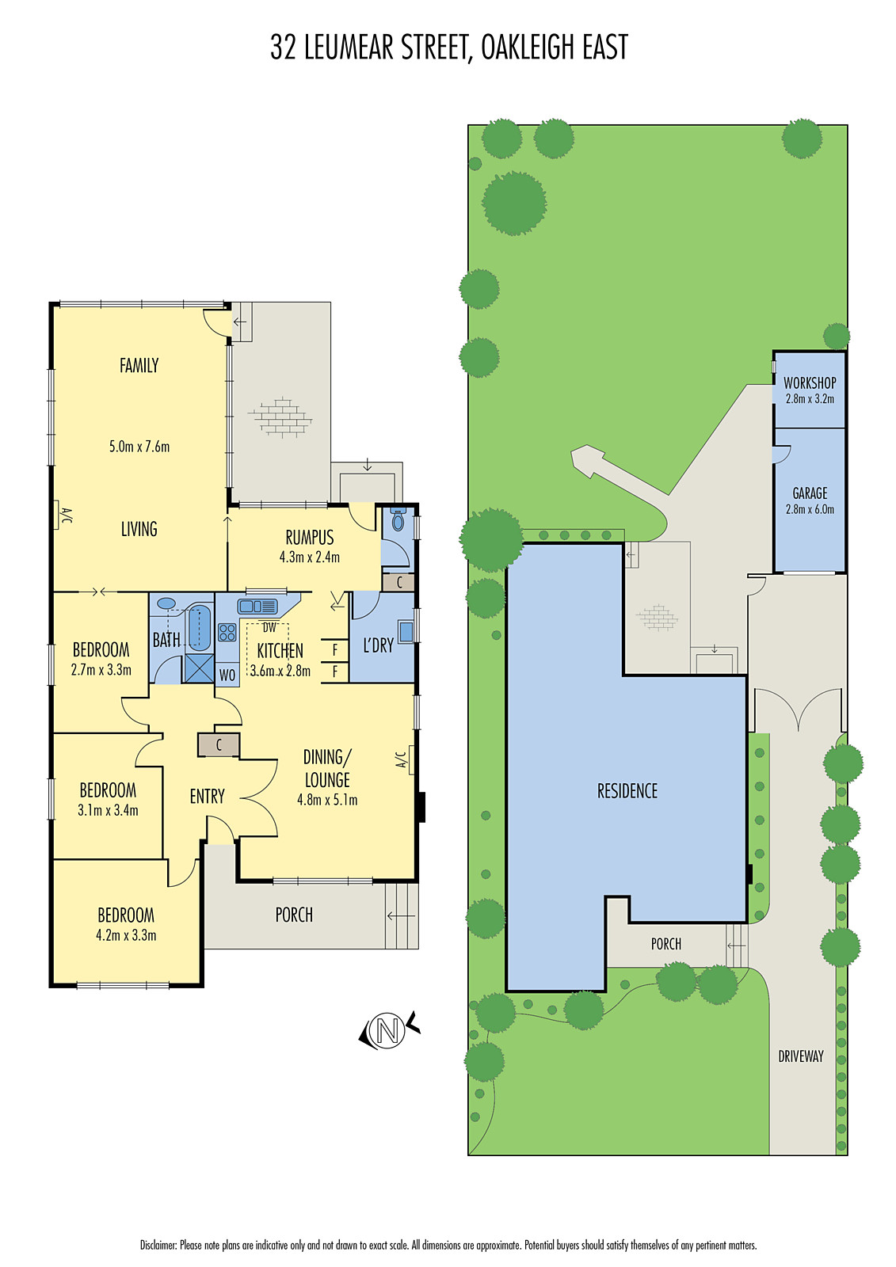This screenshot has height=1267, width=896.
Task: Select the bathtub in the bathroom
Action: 200,627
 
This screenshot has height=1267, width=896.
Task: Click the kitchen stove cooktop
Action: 227,632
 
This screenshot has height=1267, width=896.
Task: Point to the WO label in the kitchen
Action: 227,675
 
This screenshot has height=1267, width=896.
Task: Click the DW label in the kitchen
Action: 269,628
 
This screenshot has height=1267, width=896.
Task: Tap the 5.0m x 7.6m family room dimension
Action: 139,447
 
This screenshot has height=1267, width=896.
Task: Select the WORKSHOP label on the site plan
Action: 810,382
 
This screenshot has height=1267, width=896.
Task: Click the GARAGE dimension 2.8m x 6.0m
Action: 810,509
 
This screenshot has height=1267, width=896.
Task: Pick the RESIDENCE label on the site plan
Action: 627,790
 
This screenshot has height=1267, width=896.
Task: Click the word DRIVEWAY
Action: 800,1056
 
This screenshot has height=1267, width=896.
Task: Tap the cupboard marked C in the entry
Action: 219,745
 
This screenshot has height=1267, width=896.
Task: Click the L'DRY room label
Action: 378,645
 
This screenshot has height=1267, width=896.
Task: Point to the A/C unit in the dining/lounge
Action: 412,760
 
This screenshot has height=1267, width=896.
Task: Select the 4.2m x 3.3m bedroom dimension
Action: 126,935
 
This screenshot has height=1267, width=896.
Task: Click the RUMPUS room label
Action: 310,538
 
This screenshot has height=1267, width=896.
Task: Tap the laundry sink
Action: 406,632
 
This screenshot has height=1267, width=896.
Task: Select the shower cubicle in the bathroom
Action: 199,668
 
